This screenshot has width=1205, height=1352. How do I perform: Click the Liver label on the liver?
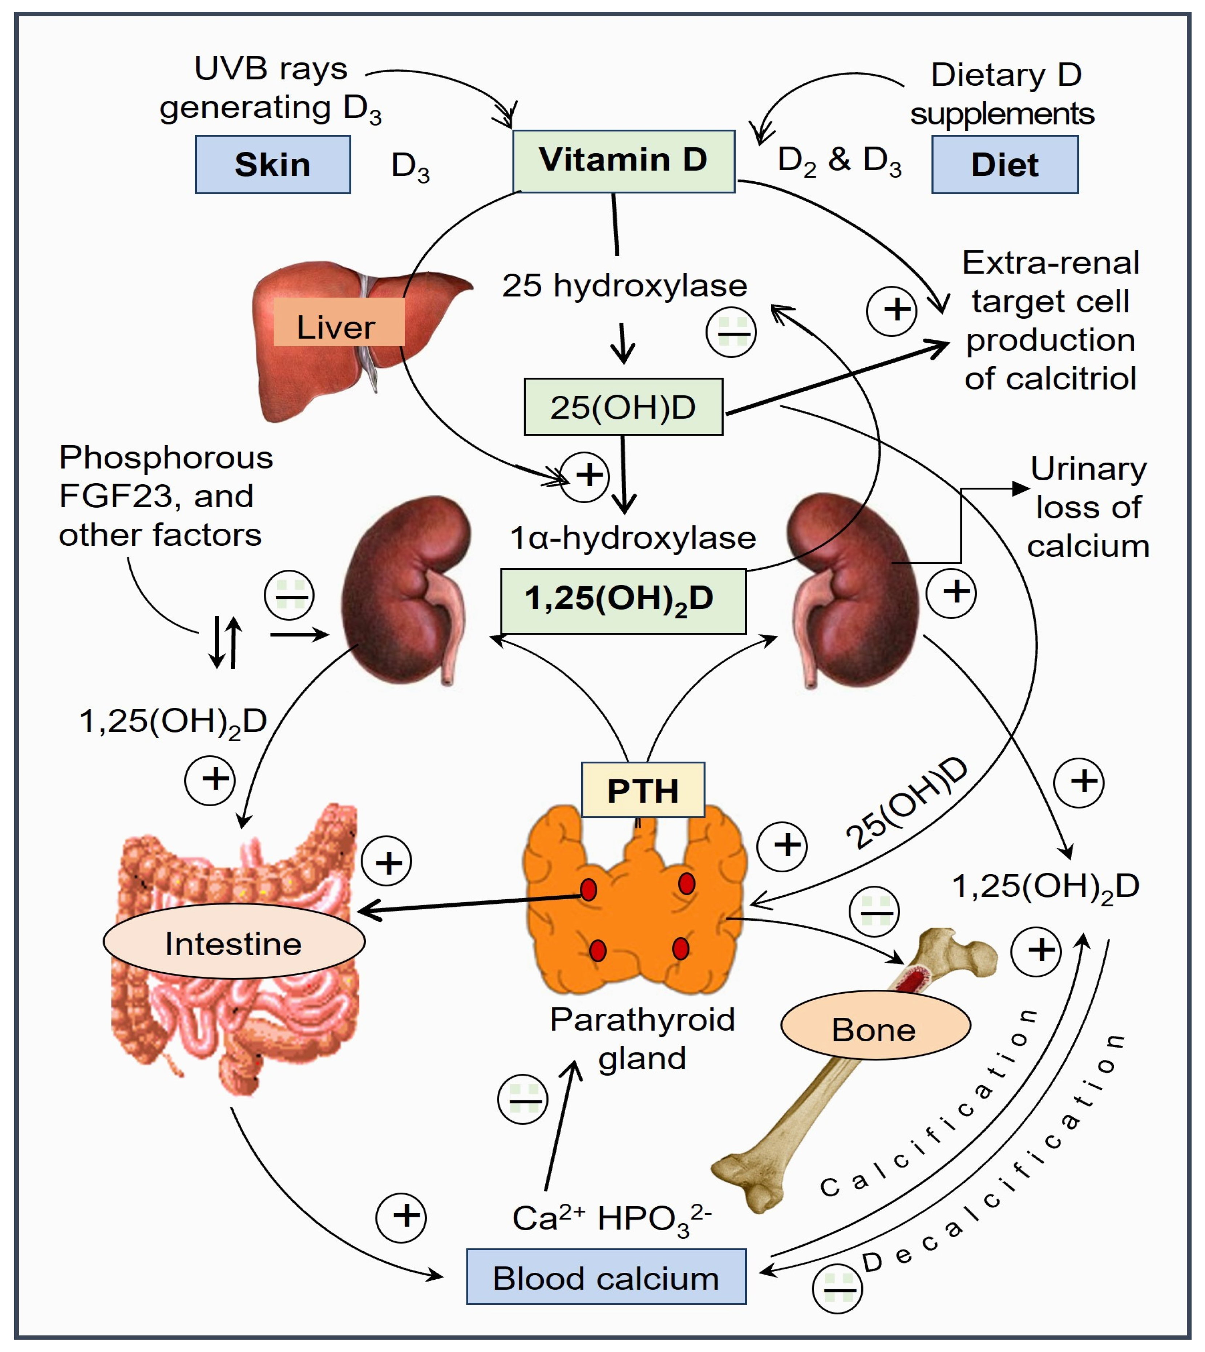point(337,326)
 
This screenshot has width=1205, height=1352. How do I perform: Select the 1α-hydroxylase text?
point(632,538)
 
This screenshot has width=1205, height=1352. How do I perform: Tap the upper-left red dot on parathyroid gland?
point(588,889)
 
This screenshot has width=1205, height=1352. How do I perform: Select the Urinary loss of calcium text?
point(1087,508)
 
